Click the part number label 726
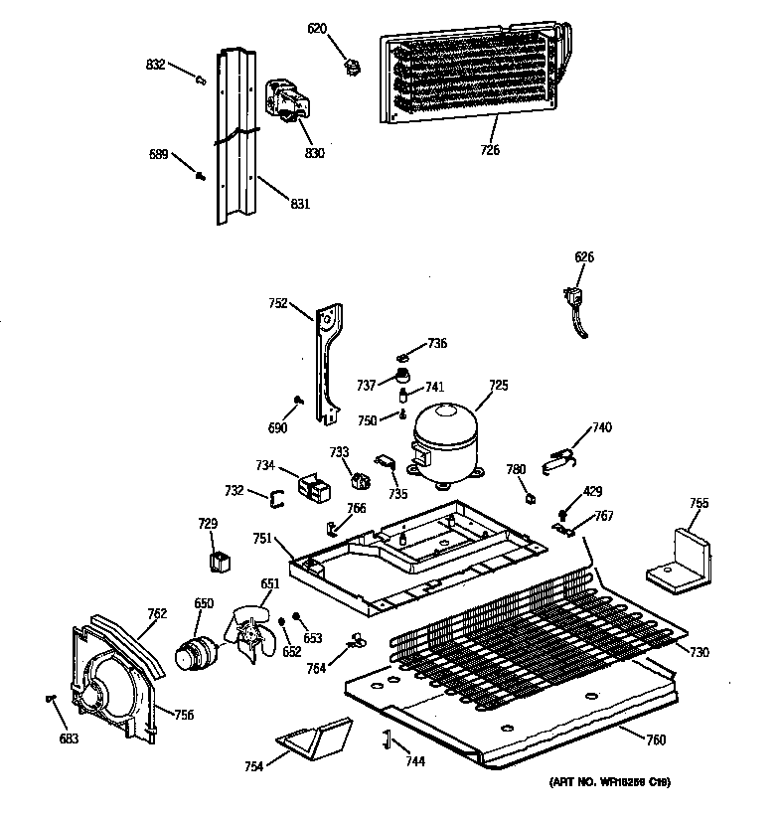point(489,151)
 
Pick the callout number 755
point(700,503)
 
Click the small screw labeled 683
point(50,700)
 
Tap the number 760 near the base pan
point(656,738)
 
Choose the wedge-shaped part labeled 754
point(315,738)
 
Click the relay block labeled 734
point(297,484)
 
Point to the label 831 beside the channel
point(300,204)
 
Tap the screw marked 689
point(201,176)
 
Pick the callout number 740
point(602,427)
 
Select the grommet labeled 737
point(404,376)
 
